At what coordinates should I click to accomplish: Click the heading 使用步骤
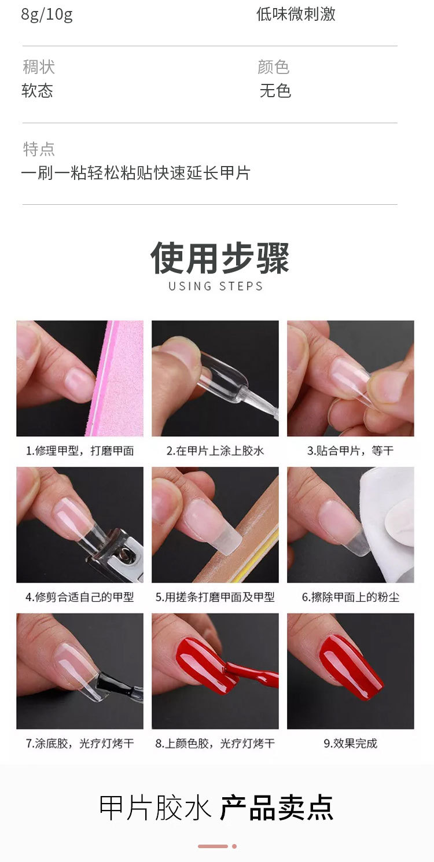(219, 259)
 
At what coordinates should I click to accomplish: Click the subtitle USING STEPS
(216, 286)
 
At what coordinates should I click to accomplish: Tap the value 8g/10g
(47, 14)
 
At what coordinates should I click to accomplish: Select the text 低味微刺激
(296, 14)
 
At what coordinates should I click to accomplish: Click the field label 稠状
(39, 67)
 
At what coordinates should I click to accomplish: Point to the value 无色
(275, 91)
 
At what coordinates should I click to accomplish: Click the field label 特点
(39, 149)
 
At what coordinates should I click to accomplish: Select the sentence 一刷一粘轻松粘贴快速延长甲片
(136, 173)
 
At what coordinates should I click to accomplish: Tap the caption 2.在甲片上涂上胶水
(215, 451)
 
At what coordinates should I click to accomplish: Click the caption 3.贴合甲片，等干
(350, 451)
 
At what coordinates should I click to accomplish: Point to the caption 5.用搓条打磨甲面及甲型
(215, 597)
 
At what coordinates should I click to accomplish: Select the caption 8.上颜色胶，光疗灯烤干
(215, 743)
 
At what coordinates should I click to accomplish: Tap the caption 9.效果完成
(350, 743)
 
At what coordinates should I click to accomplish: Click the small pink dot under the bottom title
(234, 846)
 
